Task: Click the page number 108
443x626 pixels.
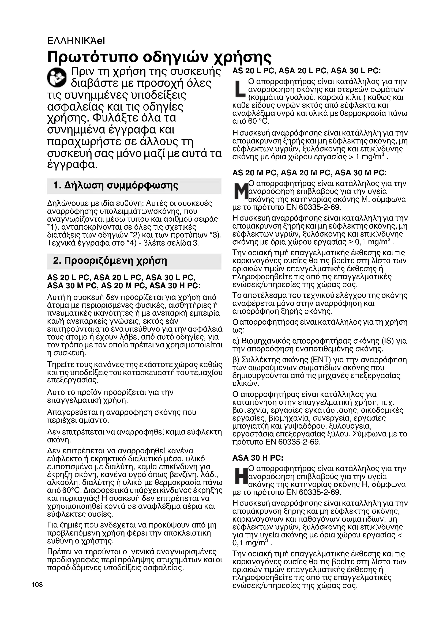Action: pos(37,585)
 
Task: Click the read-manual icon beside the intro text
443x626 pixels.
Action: pos(57,77)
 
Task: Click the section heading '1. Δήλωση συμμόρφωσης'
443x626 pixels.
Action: pos(116,186)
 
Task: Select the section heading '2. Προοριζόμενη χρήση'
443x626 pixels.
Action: pos(110,261)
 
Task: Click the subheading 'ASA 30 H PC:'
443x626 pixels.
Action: pos(258,458)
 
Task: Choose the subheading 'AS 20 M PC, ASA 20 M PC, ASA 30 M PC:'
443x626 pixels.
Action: pos(309,173)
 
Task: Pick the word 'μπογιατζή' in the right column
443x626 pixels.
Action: pos(249,426)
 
